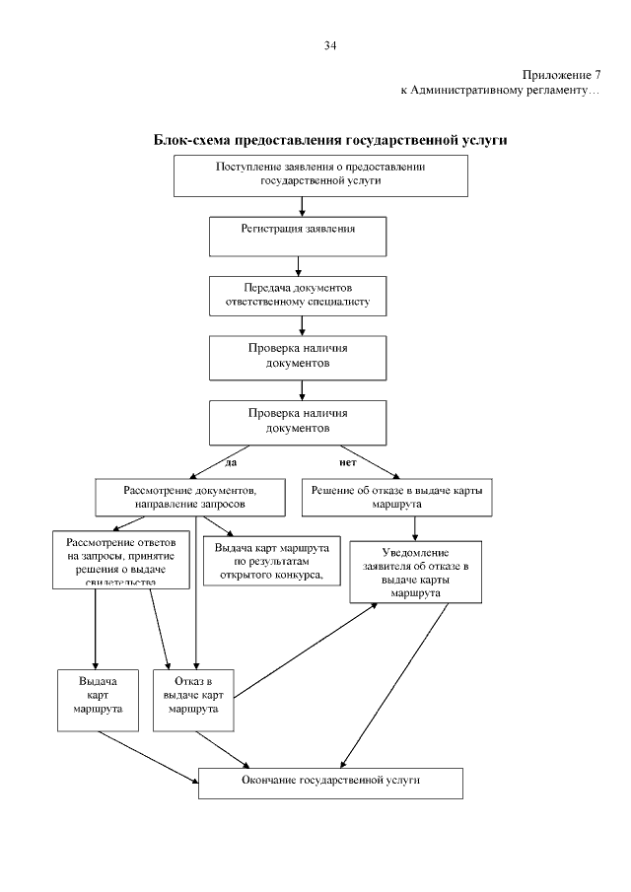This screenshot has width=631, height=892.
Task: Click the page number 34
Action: [330, 45]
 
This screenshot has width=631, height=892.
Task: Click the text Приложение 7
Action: [561, 75]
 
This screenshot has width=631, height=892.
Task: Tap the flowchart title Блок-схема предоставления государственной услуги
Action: [330, 141]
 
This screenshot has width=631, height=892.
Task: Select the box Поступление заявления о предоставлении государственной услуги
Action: [320, 174]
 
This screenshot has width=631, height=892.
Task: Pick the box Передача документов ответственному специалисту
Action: [298, 295]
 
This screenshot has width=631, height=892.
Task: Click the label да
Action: [231, 459]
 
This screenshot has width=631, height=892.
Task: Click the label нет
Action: [347, 459]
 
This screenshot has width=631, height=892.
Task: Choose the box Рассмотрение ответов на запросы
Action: [120, 559]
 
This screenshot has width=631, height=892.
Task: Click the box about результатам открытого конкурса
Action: [270, 561]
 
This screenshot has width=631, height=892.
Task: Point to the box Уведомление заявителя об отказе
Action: [416, 573]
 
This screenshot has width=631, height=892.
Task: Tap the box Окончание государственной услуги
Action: [330, 782]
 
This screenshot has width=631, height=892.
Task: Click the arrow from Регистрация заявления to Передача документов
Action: [298, 265]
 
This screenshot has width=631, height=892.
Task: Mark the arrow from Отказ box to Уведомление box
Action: [306, 652]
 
